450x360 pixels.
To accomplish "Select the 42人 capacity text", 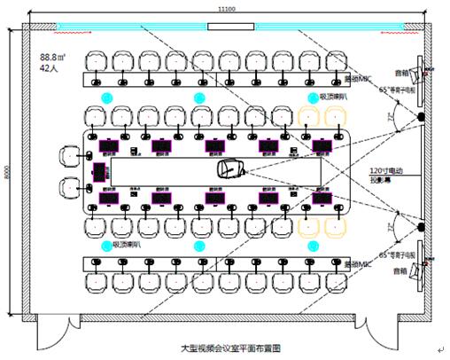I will click(x=48, y=68).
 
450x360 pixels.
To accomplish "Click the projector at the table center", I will click(x=229, y=167).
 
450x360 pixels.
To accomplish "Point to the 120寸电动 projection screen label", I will click(x=386, y=172).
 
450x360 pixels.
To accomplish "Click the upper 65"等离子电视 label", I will click(x=390, y=90).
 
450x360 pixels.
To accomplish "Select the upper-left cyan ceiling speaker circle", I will click(x=108, y=96).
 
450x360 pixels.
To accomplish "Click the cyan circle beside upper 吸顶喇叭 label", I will click(x=311, y=97).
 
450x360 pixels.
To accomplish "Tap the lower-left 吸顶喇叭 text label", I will click(x=124, y=244).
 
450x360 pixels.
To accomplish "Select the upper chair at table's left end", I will click(x=69, y=156).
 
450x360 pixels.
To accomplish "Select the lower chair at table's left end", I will click(x=69, y=187).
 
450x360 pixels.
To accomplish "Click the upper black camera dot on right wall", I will click(x=420, y=116).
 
